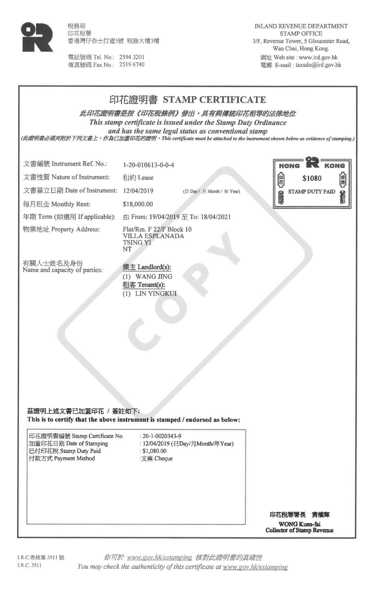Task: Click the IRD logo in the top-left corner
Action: click(x=37, y=37)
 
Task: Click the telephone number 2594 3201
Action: click(x=132, y=57)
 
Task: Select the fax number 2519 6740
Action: click(x=132, y=65)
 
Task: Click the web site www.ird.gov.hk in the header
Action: click(x=318, y=57)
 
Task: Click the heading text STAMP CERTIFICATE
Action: click(x=214, y=100)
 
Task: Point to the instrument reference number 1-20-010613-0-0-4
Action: click(x=148, y=165)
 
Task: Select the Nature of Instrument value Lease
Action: click(x=146, y=178)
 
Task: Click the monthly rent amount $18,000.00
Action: click(x=138, y=205)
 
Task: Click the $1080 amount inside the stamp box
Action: click(x=312, y=179)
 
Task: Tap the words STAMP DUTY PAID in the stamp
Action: click(x=311, y=192)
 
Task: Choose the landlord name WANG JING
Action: click(x=154, y=277)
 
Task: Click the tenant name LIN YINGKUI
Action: click(x=156, y=294)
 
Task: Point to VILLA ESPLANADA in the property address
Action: click(x=153, y=236)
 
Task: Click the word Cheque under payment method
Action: click(x=163, y=459)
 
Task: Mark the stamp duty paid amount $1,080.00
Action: click(x=154, y=451)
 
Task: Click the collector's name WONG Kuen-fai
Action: click(x=299, y=524)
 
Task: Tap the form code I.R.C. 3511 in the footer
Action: click(x=29, y=565)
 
